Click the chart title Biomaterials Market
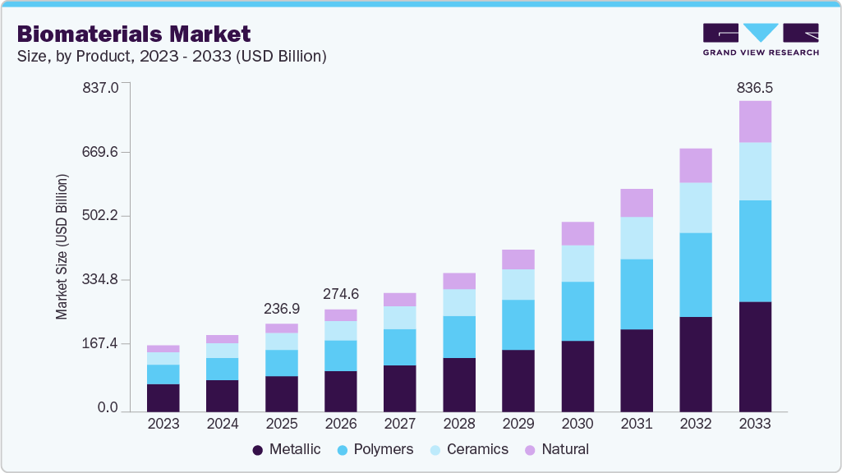[134, 34]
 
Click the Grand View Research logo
[760, 39]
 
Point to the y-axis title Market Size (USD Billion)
[62, 246]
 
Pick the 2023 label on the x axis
[163, 424]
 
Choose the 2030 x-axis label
[577, 424]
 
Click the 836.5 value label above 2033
[755, 87]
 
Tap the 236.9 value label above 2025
[282, 309]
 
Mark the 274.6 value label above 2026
[341, 294]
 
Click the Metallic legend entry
[287, 449]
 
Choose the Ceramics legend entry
[470, 449]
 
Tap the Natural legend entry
[556, 449]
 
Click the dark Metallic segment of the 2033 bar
[755, 356]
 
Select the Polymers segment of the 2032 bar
[696, 274]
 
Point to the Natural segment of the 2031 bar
[637, 203]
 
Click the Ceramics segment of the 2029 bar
[518, 284]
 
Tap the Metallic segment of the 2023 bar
[163, 397]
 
